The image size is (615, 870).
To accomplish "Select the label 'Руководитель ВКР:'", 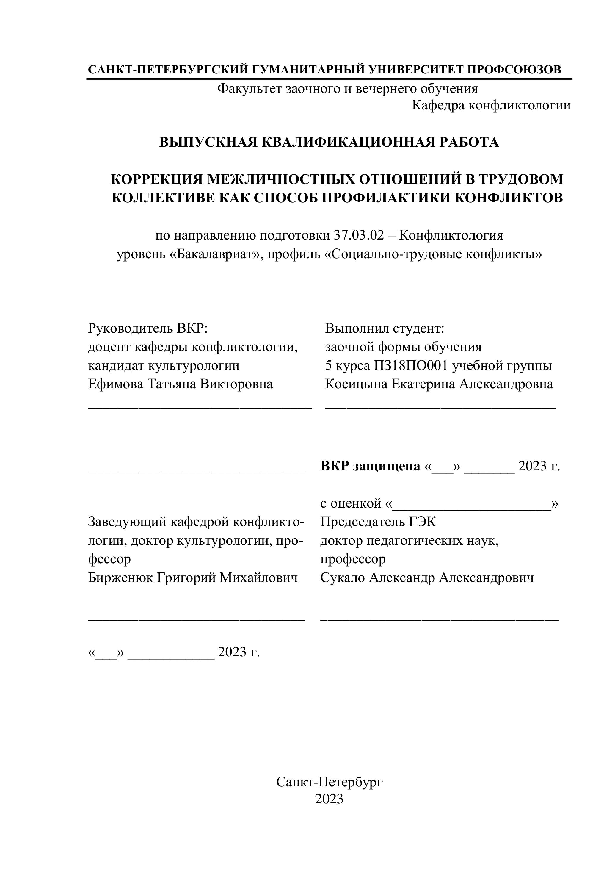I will [148, 328].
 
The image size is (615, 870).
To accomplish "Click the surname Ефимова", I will [115, 384].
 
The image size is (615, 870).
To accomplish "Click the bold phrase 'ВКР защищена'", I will [370, 466].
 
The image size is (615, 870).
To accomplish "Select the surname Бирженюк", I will [120, 578].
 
